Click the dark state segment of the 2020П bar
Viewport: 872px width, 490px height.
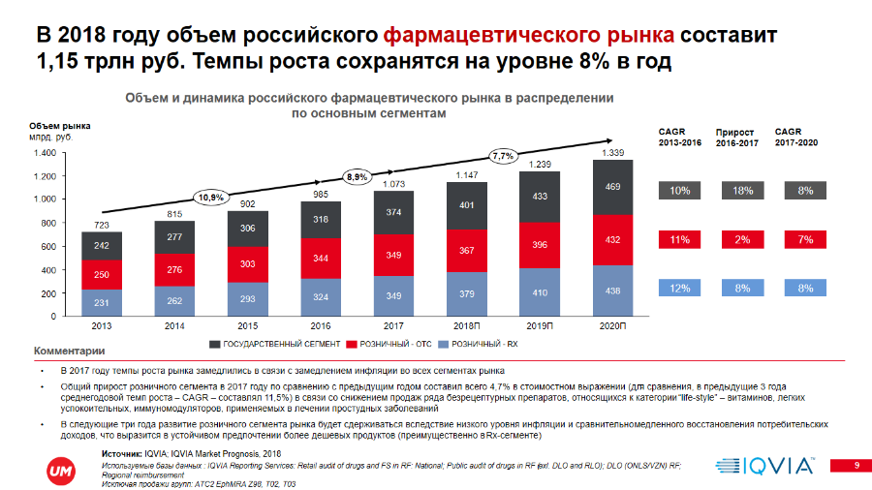pyautogui.click(x=612, y=187)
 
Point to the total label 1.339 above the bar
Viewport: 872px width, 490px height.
pyautogui.click(x=612, y=153)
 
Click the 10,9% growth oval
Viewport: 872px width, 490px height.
pyautogui.click(x=211, y=197)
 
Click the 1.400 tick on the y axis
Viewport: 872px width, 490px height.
pyautogui.click(x=43, y=153)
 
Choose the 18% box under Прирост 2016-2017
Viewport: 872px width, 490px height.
pyautogui.click(x=743, y=191)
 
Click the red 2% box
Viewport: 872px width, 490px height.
pyautogui.click(x=743, y=239)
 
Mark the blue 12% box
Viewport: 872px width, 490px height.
pyautogui.click(x=680, y=288)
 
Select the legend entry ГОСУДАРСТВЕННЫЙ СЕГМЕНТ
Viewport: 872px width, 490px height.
pyautogui.click(x=274, y=344)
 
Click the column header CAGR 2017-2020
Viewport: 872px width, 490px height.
pyautogui.click(x=796, y=136)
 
